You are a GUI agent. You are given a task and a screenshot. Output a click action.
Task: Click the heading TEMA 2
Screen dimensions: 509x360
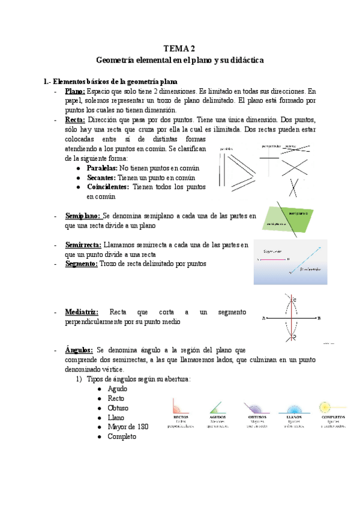coord(180,48)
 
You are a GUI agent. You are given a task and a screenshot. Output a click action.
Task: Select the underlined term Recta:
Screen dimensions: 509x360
coord(76,119)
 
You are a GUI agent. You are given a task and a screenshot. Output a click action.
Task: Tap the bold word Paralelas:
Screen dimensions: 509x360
coord(102,168)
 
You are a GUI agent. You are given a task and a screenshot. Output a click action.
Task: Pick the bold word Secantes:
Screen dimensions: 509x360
coord(101,178)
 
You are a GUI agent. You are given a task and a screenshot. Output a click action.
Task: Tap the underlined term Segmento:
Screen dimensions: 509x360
coord(81,264)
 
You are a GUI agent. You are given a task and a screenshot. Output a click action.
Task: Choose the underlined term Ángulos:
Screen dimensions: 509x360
coord(79,350)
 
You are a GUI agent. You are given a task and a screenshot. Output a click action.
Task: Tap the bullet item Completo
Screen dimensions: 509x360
coord(122,436)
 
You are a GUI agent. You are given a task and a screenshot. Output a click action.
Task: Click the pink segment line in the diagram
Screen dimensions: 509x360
coord(272,259)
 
